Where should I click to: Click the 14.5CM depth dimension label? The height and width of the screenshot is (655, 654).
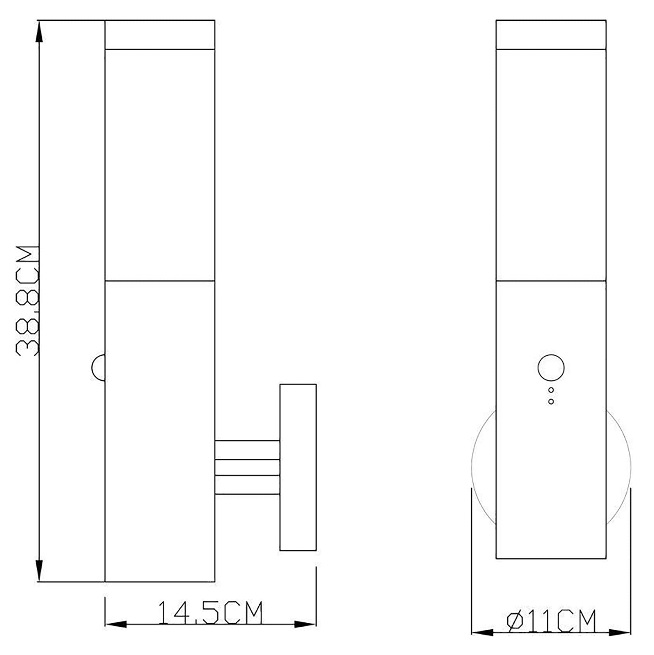tap(210, 612)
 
